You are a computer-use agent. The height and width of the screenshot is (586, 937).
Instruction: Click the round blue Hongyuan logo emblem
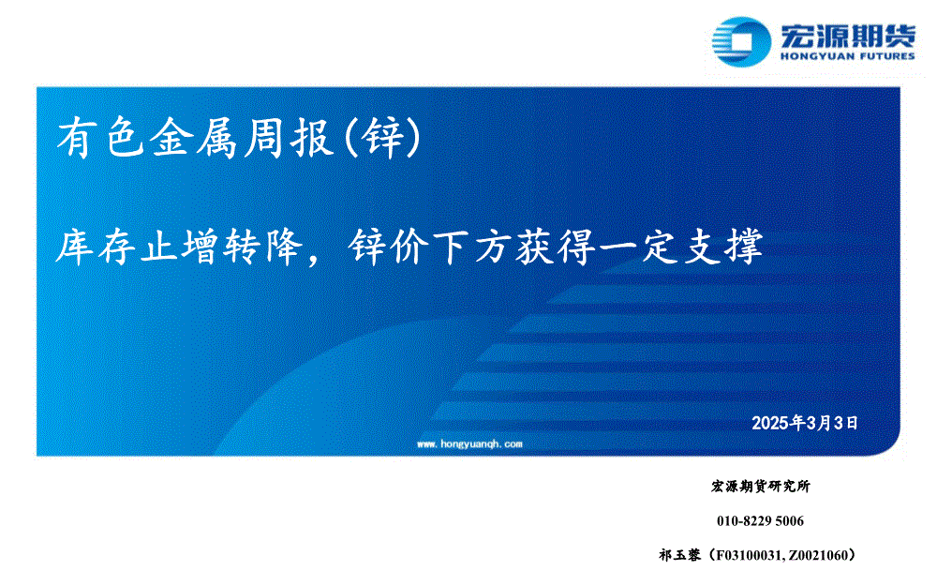tap(741, 41)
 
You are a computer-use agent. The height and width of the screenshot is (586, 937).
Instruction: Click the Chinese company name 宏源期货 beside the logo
tap(847, 36)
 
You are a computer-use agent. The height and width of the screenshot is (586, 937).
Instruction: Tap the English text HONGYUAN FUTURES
tap(847, 56)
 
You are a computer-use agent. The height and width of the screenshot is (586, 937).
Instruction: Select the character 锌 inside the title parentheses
tap(382, 138)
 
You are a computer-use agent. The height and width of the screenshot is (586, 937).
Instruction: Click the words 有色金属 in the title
tap(147, 138)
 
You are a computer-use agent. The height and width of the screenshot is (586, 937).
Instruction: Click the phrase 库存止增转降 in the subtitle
tap(179, 247)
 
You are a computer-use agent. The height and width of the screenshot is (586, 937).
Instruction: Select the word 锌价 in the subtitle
tap(390, 247)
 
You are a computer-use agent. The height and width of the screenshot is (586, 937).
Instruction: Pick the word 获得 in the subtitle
tap(557, 247)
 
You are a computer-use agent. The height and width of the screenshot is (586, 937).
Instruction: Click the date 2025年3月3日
tap(805, 424)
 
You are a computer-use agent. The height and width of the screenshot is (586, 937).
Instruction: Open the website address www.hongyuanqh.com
tap(469, 444)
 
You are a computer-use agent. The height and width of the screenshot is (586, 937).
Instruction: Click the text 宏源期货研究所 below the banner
tap(761, 487)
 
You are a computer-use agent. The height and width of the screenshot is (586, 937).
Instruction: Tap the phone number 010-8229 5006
tap(760, 521)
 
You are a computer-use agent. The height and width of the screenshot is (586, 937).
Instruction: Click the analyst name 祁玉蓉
tap(680, 555)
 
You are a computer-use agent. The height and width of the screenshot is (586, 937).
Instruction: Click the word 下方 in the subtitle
tap(473, 247)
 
